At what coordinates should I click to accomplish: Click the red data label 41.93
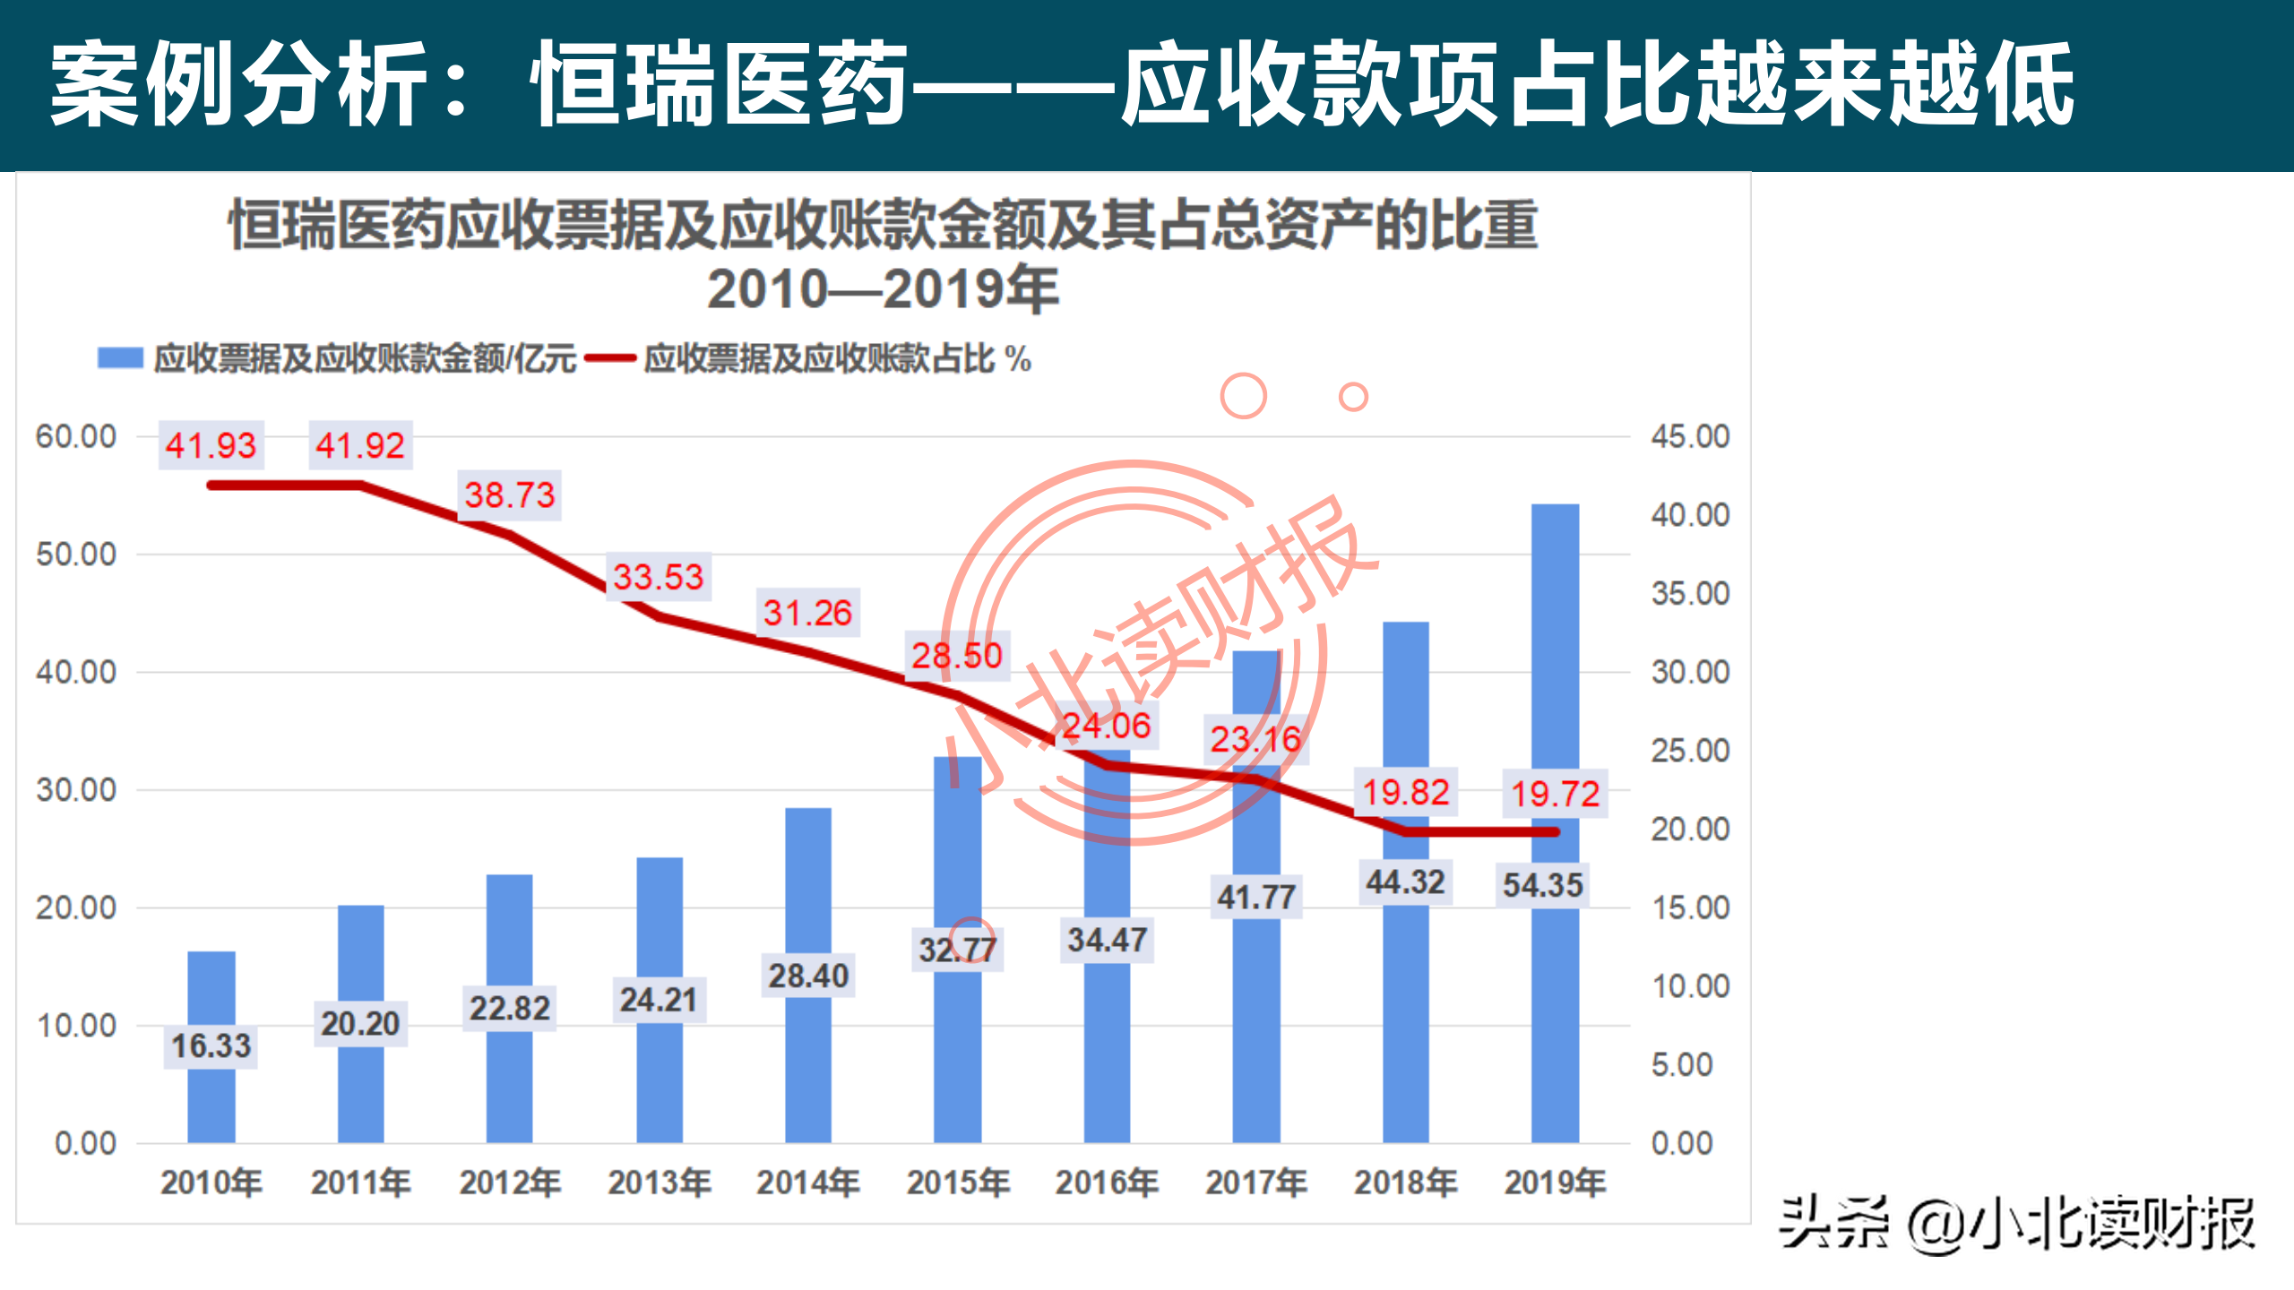point(211,445)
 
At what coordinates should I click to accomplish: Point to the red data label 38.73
point(510,494)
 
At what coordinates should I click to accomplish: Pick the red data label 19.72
point(1555,794)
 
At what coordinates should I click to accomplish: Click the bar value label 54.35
point(1542,885)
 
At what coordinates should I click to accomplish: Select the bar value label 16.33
point(211,1045)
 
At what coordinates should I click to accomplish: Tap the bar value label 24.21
point(659,1000)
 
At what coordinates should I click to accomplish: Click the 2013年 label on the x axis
point(659,1182)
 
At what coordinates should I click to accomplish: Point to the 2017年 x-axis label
point(1255,1182)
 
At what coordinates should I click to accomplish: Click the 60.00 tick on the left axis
point(76,436)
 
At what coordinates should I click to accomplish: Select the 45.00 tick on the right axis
point(1690,436)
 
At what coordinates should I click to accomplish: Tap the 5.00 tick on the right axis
point(1682,1064)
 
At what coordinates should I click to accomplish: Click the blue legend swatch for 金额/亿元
point(120,358)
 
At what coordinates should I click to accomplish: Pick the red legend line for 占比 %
point(610,358)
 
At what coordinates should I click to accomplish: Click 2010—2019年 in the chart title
point(883,288)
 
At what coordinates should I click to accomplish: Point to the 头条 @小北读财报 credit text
point(2016,1224)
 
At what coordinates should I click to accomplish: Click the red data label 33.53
point(659,576)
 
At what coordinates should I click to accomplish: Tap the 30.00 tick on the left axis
point(76,790)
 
